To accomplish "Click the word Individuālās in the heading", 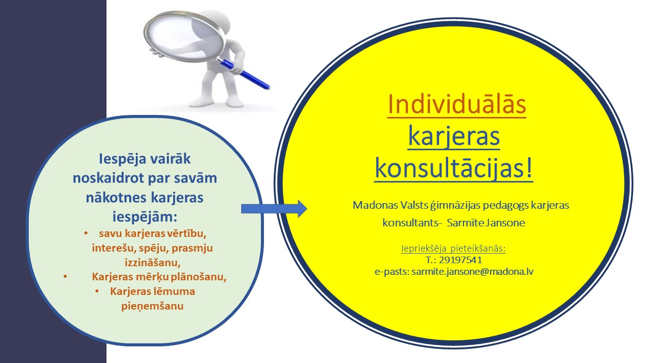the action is [x=457, y=104].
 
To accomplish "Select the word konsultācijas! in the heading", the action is [x=454, y=169].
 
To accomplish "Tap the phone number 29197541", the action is [x=460, y=260].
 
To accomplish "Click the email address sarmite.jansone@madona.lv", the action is [x=472, y=272].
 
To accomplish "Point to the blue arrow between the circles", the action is [x=274, y=209].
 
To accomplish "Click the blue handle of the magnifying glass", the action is [x=246, y=73].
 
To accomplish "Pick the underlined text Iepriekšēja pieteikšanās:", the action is [x=453, y=249].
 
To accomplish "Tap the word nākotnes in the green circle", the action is [x=116, y=198].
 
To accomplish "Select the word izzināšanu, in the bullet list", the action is [x=152, y=263].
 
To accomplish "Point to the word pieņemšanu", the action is [x=152, y=306].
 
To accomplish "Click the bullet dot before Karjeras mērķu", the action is [x=65, y=277].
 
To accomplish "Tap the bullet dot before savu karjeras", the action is [x=86, y=233].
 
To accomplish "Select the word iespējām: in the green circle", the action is [x=144, y=217].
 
